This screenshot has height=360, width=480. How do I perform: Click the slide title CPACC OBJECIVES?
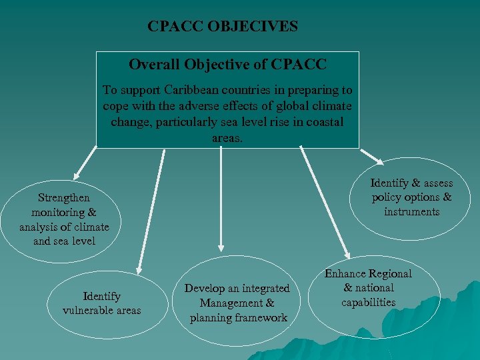pos(223,27)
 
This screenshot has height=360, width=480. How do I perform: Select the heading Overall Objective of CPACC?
pos(227,65)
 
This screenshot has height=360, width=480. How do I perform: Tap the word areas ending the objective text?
pos(227,137)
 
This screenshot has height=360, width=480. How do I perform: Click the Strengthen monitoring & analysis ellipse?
pos(64,219)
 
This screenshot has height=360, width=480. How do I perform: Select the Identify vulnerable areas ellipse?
pos(101,303)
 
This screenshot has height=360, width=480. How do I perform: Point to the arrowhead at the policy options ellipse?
pos(379,161)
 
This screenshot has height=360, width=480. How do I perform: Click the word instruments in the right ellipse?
pos(411,212)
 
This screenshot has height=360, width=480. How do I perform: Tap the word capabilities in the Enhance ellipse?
pos(368,303)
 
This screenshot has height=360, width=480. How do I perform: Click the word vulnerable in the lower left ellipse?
pos(87,310)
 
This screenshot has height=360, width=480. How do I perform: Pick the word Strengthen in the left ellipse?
pos(64,197)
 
